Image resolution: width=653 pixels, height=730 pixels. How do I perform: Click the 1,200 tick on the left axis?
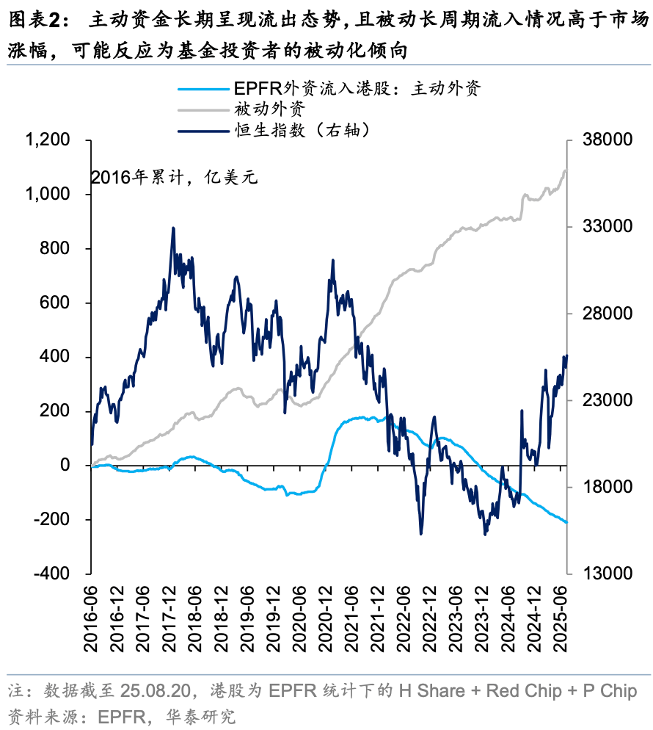(49, 140)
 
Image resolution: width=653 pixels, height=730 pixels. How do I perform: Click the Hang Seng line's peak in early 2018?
(173, 228)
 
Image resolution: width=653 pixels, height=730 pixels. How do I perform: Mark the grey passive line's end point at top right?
(566, 171)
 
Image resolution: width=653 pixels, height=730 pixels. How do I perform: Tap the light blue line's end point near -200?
(566, 522)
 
